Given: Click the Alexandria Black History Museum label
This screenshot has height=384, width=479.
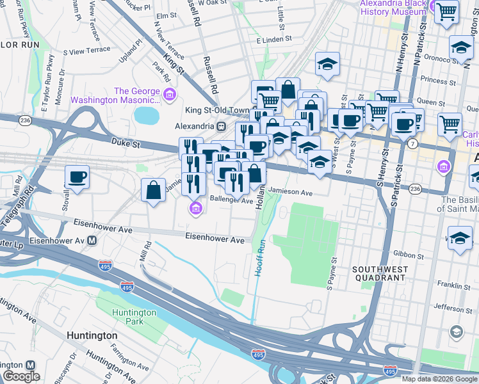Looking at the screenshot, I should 393,8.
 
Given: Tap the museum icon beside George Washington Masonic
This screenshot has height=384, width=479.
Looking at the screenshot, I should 169,95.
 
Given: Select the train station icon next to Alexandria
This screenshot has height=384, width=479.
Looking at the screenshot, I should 222,126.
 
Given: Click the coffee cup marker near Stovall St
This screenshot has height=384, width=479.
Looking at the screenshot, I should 77,177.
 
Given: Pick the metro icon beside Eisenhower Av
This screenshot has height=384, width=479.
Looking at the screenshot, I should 92,241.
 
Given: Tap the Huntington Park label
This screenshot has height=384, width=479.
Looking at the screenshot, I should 133,317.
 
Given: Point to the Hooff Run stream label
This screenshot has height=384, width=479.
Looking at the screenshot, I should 260,258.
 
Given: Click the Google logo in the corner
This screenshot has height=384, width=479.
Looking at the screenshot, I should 21,377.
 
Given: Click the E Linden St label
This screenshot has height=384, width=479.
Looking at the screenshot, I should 274,39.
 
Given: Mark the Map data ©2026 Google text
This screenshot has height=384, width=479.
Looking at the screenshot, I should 439,379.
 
